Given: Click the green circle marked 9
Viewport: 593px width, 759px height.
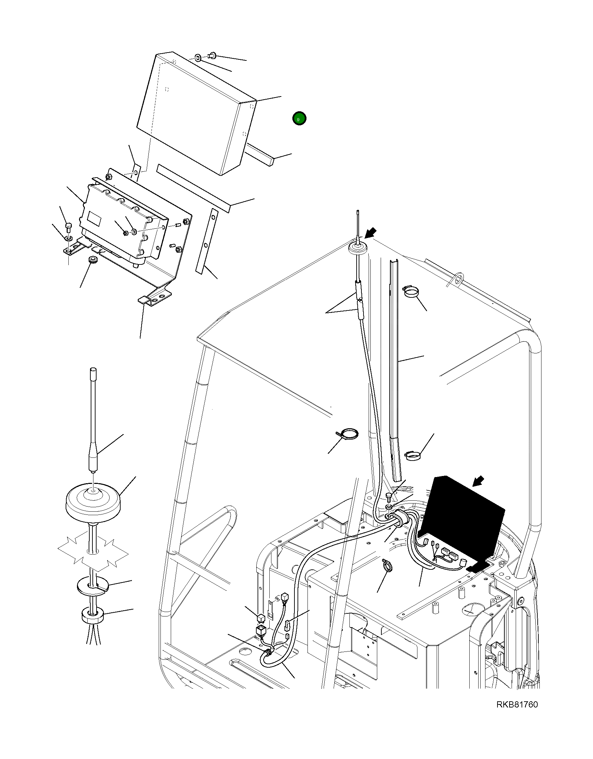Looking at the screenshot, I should coord(299,119).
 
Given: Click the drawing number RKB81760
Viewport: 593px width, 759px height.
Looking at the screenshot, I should coord(517,705).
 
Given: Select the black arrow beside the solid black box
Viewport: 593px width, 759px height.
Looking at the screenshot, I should coord(479,481).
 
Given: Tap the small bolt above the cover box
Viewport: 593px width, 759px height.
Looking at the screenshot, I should coord(212,55).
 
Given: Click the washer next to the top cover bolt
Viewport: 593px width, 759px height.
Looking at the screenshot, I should coord(198,57).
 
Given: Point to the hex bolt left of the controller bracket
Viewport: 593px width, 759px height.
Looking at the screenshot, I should coord(68,228).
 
